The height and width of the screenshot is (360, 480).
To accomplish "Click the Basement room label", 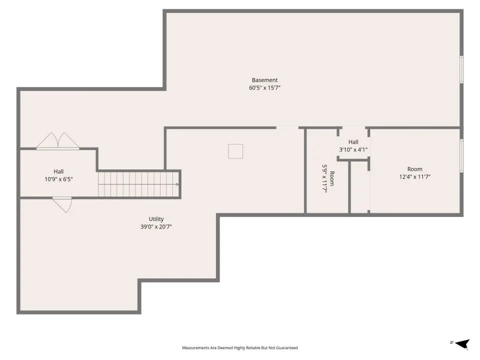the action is tap(264, 80).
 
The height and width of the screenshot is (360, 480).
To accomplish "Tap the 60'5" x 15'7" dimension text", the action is tap(264, 88).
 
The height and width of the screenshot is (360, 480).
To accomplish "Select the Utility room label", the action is tap(156, 219).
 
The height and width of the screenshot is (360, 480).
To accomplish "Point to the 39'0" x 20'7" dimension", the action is tap(156, 227).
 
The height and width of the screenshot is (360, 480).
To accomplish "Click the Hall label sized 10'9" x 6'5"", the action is tap(58, 171).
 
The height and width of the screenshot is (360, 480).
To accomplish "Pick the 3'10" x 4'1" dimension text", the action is tap(353, 149).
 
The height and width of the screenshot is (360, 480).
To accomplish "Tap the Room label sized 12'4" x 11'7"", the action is tap(415, 169).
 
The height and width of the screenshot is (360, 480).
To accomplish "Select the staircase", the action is tap(138, 184).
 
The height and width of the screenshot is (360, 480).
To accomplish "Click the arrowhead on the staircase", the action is tap(177, 184).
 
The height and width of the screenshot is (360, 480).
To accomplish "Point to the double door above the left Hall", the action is tap(58, 141).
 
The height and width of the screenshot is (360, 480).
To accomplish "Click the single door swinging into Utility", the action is tap(62, 204).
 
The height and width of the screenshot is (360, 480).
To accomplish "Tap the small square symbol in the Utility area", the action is tap(235, 151).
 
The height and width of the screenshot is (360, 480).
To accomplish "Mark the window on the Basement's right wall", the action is tap(461, 69).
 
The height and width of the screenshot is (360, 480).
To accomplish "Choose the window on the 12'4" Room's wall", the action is tap(461, 155).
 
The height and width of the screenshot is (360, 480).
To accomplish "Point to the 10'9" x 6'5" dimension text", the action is tap(58, 179).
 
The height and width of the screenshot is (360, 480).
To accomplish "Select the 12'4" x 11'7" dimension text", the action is tap(415, 177).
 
